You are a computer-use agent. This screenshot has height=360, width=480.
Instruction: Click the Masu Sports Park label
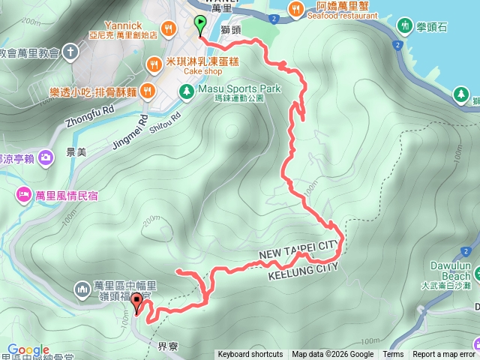point(239,88)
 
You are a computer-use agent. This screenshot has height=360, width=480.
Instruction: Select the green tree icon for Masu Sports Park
point(185,91)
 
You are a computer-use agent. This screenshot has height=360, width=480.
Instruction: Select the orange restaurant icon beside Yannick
point(169,29)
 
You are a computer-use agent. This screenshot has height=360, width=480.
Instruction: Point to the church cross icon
point(70,52)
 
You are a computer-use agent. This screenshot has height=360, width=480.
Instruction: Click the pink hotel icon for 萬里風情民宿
point(23,195)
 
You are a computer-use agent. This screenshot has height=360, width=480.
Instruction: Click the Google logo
point(28,350)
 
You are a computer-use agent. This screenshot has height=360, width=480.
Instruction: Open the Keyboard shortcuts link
point(250,355)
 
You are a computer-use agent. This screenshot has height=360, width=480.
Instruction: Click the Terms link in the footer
point(393,355)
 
